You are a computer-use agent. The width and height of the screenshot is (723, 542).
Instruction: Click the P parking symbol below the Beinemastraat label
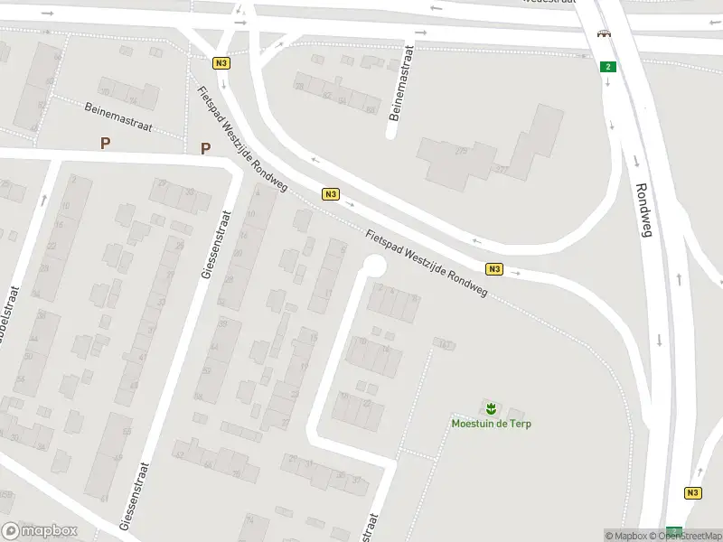pyautogui.click(x=106, y=143)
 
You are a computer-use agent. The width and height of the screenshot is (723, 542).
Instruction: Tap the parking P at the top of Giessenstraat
pyautogui.click(x=206, y=149)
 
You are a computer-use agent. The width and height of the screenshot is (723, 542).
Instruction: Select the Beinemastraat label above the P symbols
pyautogui.click(x=118, y=117)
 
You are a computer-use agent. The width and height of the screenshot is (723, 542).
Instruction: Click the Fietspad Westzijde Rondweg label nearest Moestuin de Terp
pyautogui.click(x=427, y=264)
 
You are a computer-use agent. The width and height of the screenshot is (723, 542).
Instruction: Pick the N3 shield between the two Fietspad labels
pyautogui.click(x=331, y=194)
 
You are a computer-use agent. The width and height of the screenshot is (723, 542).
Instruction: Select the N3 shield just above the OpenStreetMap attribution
pyautogui.click(x=692, y=492)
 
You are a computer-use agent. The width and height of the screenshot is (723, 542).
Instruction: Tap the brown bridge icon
pyautogui.click(x=602, y=34)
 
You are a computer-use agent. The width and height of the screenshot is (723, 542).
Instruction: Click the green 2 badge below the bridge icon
pyautogui.click(x=608, y=66)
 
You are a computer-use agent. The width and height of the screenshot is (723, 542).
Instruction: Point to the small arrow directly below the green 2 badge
pyautogui.click(x=608, y=83)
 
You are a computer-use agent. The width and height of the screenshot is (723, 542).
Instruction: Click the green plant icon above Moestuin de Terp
pyautogui.click(x=491, y=407)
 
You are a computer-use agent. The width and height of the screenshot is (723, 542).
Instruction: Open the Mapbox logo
pyautogui.click(x=38, y=531)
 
